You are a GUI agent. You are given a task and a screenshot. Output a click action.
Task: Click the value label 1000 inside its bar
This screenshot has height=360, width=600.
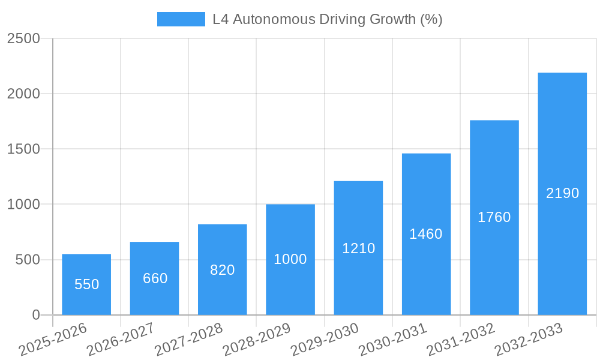pos(290,259)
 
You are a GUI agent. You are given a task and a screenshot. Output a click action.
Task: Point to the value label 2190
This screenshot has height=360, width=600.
pos(562,193)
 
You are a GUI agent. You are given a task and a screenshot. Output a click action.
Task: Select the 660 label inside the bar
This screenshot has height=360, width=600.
pos(155,278)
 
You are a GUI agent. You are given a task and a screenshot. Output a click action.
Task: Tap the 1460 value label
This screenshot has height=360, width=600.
pos(426,234)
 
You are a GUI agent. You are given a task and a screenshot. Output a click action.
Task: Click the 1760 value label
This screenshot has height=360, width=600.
pos(494,217)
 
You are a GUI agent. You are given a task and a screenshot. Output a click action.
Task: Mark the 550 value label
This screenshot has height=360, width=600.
pos(86,284)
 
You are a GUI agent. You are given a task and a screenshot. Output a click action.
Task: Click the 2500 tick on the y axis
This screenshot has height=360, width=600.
pos(23,38)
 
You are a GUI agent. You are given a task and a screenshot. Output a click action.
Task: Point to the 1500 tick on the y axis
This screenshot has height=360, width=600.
pos(23,149)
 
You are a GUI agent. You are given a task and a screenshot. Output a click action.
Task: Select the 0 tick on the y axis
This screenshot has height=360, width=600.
pos(35,315)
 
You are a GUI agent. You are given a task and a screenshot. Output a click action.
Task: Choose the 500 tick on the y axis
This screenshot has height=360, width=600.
pos(27,260)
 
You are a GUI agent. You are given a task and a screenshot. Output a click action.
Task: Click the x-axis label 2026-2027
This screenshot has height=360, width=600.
pos(121,340)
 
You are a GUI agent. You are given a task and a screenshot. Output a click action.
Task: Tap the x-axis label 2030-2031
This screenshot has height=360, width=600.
pos(392,340)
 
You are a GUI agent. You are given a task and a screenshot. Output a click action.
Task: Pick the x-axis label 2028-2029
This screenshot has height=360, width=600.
pos(257,340)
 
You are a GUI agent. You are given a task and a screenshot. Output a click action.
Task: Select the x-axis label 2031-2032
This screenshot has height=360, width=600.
pos(461,340)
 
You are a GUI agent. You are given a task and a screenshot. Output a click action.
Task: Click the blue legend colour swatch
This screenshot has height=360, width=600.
pos(181,19)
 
